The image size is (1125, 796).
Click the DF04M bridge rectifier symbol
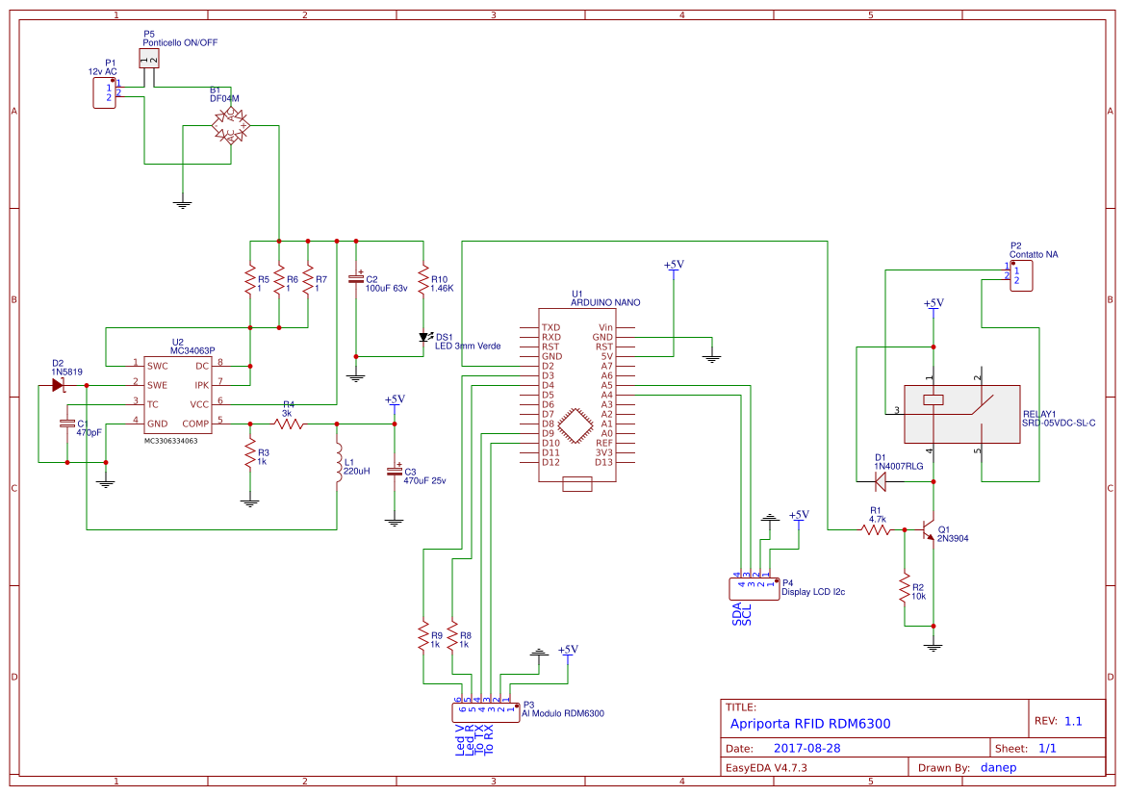(x=230, y=125)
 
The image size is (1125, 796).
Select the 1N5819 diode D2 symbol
(x=57, y=385)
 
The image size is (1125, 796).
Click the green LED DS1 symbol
(x=423, y=337)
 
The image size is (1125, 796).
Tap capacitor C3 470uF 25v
(x=394, y=471)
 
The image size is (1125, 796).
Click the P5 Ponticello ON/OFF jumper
(x=148, y=60)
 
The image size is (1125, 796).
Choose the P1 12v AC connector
(x=103, y=92)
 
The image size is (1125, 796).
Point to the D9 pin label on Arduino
(x=548, y=433)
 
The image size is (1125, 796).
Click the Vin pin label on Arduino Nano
(x=605, y=327)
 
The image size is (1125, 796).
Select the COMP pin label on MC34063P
(x=195, y=424)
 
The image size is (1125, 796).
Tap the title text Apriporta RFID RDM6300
(x=810, y=724)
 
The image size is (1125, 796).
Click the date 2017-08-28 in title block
(x=807, y=748)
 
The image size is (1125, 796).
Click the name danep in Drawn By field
(x=998, y=767)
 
